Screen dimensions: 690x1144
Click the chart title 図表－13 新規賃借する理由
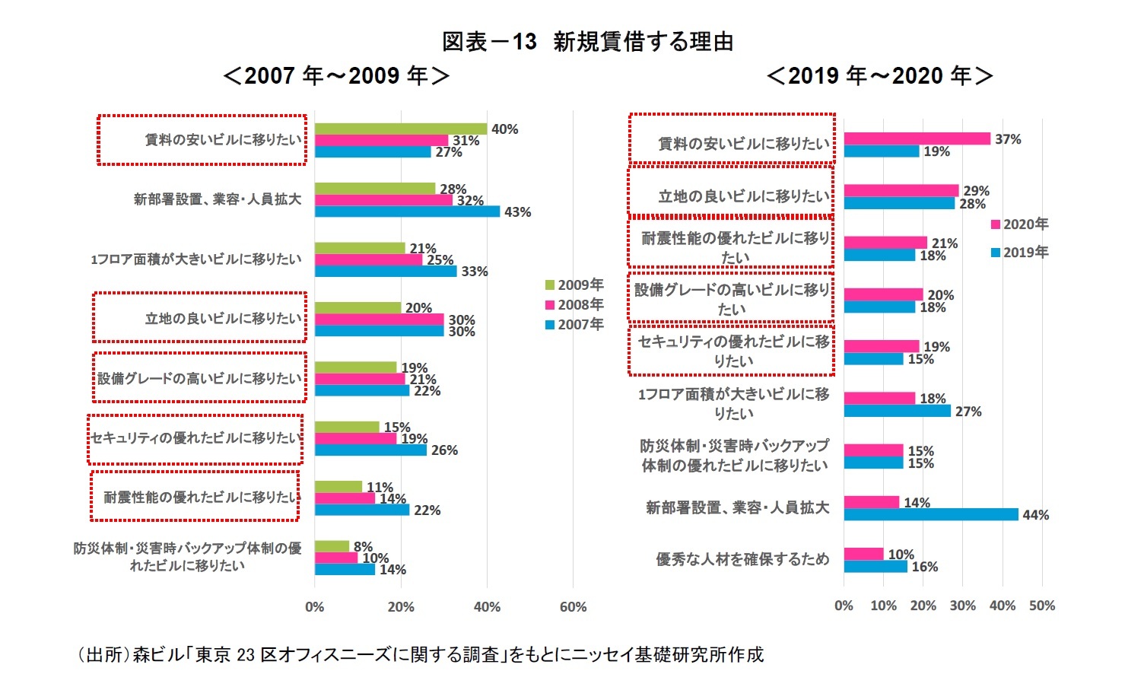(587, 42)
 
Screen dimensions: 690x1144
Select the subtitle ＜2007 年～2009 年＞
(335, 76)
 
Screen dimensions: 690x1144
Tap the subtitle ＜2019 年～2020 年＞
(879, 76)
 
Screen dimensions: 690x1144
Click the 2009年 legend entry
(574, 285)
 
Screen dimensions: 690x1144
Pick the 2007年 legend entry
(574, 325)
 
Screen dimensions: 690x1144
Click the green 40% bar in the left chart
(400, 129)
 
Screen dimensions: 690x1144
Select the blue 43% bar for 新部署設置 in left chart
(407, 211)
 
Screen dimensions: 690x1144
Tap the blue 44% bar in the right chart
(930, 515)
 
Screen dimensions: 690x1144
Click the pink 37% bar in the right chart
(917, 138)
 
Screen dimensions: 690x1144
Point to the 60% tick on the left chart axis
(573, 607)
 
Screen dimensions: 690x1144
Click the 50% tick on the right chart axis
(1042, 606)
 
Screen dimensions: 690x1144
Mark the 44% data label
(1035, 515)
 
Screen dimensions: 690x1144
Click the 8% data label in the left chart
(363, 546)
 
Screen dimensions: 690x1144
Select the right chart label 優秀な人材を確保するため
(742, 559)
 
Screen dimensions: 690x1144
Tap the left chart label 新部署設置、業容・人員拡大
(218, 199)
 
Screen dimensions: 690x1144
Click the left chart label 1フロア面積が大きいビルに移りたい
(196, 259)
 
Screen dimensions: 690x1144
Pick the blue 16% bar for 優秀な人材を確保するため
(875, 567)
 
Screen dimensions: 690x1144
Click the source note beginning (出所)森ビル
(420, 654)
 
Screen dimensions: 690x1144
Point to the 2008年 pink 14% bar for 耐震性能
(345, 498)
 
